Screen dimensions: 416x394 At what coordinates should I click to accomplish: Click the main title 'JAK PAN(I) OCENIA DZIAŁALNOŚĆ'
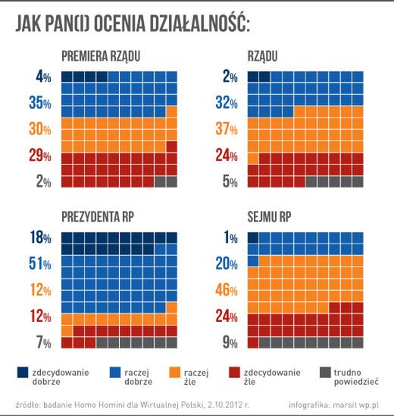[133, 25]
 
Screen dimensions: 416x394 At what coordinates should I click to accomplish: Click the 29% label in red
[39, 156]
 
